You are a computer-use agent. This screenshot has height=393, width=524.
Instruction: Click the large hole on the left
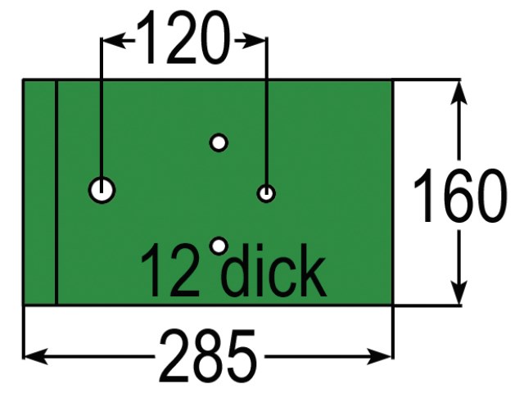pyautogui.click(x=102, y=190)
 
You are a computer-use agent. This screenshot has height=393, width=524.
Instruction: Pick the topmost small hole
pyautogui.click(x=218, y=142)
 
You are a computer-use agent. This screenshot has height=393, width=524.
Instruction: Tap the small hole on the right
pyautogui.click(x=266, y=193)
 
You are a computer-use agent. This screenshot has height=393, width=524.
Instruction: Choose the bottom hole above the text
pyautogui.click(x=218, y=245)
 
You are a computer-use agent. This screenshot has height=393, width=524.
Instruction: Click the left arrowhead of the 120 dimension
pyautogui.click(x=110, y=38)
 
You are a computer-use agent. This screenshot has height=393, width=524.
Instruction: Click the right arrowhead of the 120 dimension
pyautogui.click(x=257, y=38)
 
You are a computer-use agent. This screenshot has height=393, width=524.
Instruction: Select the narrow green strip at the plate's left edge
pyautogui.click(x=39, y=192)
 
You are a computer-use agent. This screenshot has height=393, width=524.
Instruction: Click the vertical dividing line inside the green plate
pyautogui.click(x=56, y=192)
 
